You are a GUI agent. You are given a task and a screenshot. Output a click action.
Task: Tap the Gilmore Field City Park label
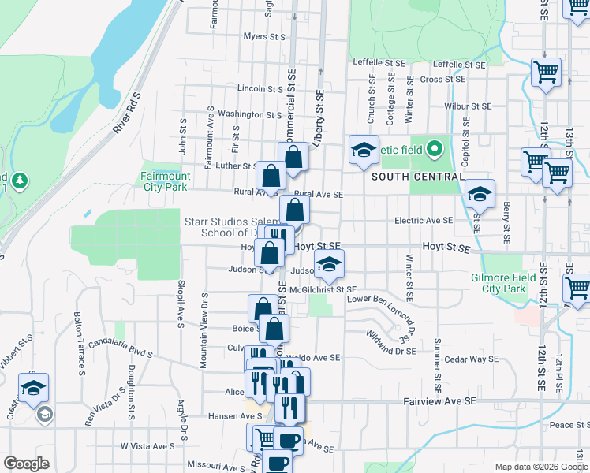(509, 283)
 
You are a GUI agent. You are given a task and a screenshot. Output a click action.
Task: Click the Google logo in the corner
(26, 464)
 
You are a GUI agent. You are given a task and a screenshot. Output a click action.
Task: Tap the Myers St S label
(263, 36)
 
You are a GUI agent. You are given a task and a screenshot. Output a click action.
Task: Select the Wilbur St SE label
(468, 106)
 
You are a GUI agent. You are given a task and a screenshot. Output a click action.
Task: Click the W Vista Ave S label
(147, 446)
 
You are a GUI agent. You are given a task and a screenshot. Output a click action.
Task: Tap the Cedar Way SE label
(469, 359)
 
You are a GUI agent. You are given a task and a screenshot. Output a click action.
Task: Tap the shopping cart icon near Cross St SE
(546, 73)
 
